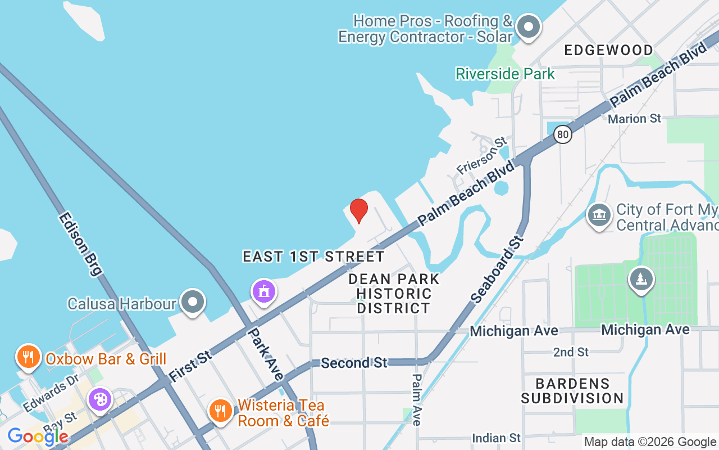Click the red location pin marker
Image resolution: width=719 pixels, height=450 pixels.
point(359,210)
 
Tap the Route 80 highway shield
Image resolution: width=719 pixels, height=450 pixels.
point(562,134)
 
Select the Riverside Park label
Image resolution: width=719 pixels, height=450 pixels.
point(505,74)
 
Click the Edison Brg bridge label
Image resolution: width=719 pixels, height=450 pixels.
point(80,243)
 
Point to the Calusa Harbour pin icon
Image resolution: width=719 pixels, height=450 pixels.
point(193,302)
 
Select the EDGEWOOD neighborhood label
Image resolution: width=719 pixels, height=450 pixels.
point(609,50)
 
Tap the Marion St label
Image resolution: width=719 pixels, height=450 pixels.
point(635,119)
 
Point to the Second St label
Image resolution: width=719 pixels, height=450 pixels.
point(354,363)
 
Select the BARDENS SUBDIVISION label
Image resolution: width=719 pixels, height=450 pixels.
point(572,391)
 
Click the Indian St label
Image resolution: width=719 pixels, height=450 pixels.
point(496,438)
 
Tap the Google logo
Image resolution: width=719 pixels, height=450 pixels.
point(38,436)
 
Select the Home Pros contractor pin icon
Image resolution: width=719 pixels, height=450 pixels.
point(528,26)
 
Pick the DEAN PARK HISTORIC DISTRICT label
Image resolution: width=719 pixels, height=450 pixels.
point(394,294)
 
